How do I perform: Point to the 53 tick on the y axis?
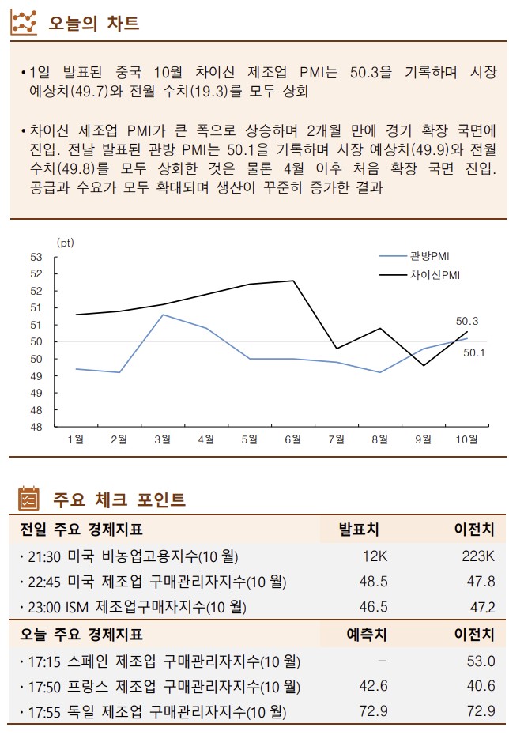pyautogui.click(x=37, y=256)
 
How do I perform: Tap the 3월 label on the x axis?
pyautogui.click(x=163, y=440)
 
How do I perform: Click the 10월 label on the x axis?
pyautogui.click(x=467, y=440)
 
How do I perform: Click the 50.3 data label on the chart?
pyautogui.click(x=467, y=321)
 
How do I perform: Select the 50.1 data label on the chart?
pyautogui.click(x=473, y=352)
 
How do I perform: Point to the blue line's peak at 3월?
pyautogui.click(x=163, y=315)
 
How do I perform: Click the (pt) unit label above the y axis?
pyautogui.click(x=65, y=243)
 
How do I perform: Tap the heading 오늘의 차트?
pyautogui.click(x=93, y=23)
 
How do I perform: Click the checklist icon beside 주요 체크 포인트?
pyautogui.click(x=28, y=499)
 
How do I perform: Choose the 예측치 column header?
pyautogui.click(x=366, y=634)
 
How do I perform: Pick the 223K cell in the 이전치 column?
pyautogui.click(x=477, y=556)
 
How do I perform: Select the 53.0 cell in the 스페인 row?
pyautogui.click(x=481, y=661)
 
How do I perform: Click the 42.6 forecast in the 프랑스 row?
pyautogui.click(x=373, y=686)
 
